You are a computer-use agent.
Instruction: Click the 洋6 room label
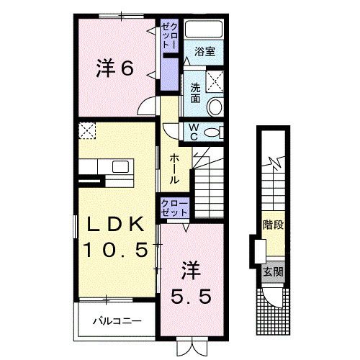114,68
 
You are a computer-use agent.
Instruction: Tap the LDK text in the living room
115,224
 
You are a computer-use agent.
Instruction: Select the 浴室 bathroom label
204,51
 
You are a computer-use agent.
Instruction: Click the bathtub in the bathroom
204,30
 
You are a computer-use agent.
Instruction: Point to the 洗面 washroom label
195,93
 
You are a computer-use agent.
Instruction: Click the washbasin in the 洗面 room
215,107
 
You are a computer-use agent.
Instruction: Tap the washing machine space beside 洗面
215,81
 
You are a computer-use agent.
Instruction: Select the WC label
194,132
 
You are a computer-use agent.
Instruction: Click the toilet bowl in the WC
212,132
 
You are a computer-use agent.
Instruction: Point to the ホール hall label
174,169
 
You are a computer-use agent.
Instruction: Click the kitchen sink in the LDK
120,166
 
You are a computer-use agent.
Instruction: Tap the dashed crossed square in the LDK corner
87,130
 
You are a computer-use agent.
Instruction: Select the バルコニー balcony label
117,321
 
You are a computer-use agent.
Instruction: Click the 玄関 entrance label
273,272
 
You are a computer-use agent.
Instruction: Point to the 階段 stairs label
274,225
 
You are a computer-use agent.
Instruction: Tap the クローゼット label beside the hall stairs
174,208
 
